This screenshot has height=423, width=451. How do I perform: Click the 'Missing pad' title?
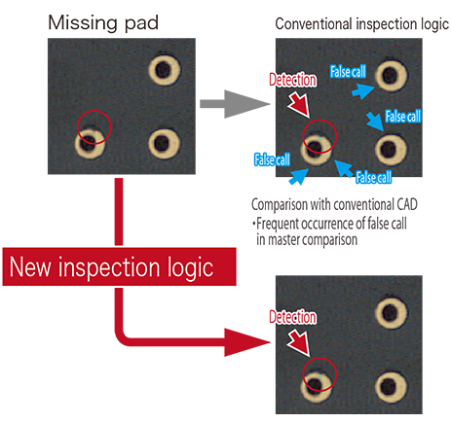[x=103, y=23]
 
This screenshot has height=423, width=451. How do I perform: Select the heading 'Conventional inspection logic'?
[x=362, y=24]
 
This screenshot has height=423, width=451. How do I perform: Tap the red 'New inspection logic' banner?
[x=119, y=266]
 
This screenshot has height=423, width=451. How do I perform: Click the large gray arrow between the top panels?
[x=235, y=104]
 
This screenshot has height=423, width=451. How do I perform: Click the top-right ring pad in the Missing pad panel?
[x=165, y=70]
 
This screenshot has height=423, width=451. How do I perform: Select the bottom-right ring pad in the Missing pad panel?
[x=165, y=144]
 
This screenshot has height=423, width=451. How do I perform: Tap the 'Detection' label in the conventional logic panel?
[x=292, y=80]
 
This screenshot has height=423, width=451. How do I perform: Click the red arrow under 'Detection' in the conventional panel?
[x=299, y=104]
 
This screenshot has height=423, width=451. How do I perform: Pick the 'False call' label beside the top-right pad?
[x=348, y=72]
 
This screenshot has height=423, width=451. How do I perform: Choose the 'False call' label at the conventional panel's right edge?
[x=403, y=117]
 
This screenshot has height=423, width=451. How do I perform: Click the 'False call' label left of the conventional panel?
[x=272, y=159]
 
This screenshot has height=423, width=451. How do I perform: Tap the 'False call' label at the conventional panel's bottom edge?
[x=374, y=177]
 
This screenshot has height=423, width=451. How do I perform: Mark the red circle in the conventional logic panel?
[x=319, y=120]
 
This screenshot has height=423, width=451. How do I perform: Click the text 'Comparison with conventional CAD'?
[x=334, y=204]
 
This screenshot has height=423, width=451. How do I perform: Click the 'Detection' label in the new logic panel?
[x=292, y=317]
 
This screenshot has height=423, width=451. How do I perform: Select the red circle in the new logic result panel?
[x=319, y=358]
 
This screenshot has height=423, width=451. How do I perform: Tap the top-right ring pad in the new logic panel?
[x=391, y=312]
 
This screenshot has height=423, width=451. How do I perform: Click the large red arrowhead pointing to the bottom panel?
[x=246, y=342]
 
